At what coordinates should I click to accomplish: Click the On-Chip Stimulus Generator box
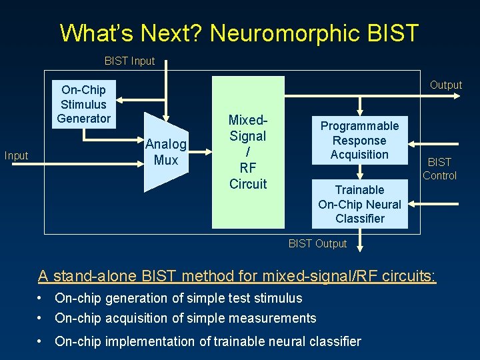click(83, 104)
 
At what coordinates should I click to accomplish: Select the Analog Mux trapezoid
click(166, 152)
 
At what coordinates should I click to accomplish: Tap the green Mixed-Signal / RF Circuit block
click(248, 152)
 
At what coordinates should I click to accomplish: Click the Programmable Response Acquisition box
click(359, 140)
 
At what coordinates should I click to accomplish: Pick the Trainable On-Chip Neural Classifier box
click(359, 204)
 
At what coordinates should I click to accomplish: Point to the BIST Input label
click(129, 61)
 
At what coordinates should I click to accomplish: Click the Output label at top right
click(445, 85)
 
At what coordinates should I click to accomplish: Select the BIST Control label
click(439, 169)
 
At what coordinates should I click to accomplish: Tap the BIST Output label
click(317, 243)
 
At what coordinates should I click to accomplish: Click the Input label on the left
click(17, 155)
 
